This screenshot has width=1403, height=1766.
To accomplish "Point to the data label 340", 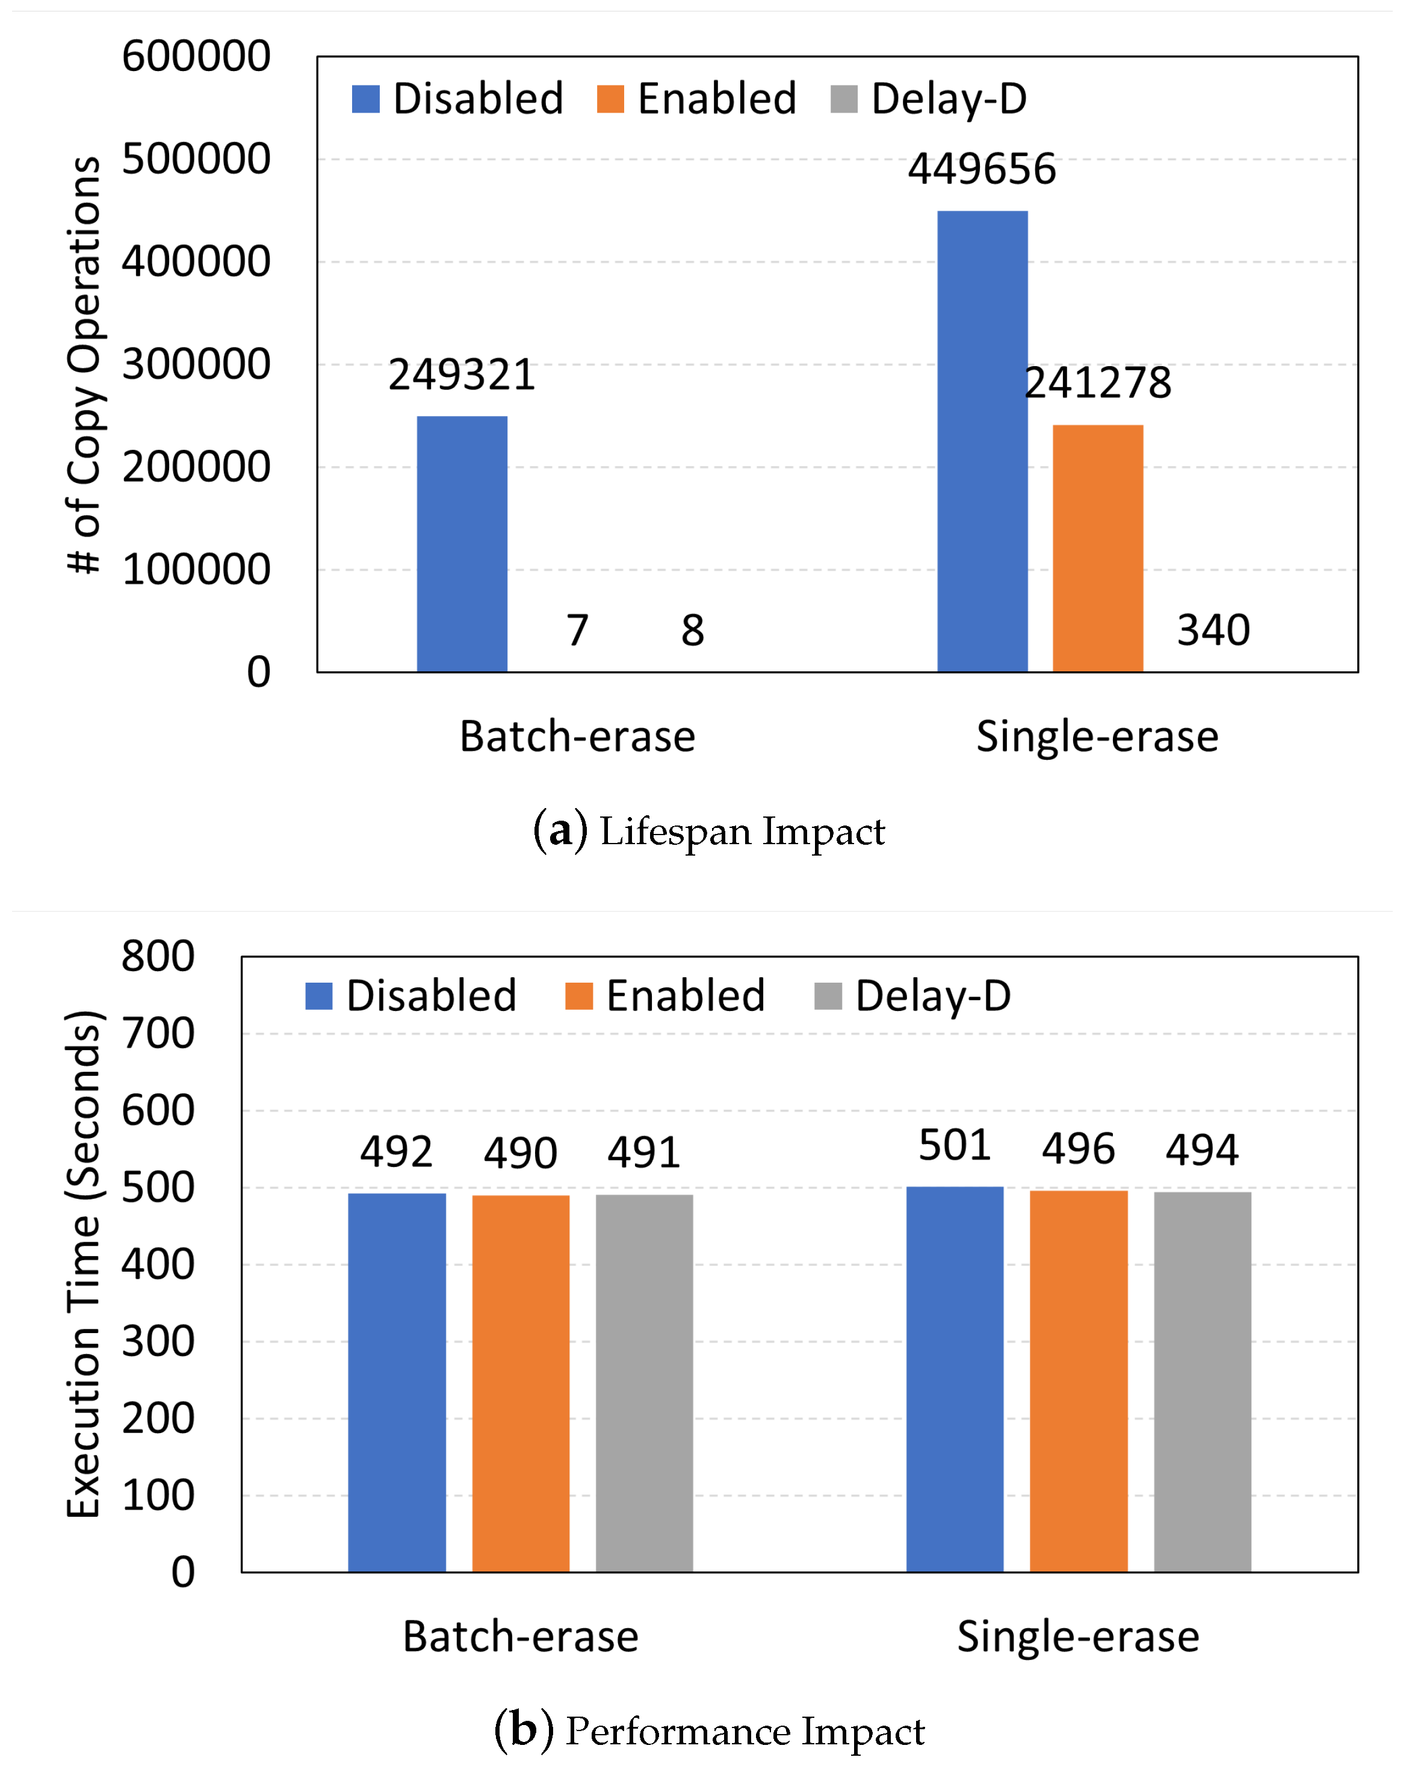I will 1212,630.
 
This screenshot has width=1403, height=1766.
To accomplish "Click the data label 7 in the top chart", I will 577,630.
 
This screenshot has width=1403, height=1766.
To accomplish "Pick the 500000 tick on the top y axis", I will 196,159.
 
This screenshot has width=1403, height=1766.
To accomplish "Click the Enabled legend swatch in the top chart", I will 610,99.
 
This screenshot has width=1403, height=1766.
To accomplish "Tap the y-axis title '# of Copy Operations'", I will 84,364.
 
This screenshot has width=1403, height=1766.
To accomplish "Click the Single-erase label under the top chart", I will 1097,736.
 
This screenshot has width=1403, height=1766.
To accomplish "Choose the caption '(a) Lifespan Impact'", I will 708,830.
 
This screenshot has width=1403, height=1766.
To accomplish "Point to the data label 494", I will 1201,1149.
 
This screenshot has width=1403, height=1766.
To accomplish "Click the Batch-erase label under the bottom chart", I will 520,1636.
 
